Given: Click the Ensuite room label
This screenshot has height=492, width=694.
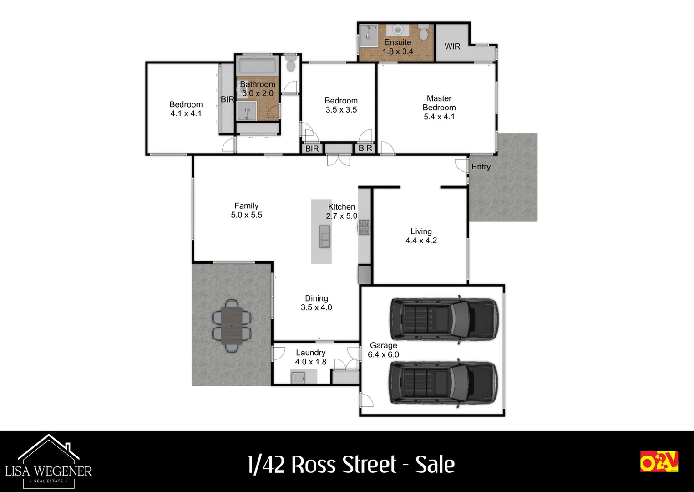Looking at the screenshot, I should point(397,42).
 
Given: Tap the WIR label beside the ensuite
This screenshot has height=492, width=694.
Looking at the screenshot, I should point(452,46).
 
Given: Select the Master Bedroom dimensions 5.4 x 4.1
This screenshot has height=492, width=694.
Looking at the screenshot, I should point(439,117).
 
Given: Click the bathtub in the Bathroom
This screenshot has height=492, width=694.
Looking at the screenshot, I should point(257,66).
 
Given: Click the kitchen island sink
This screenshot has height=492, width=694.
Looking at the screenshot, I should point(324,236).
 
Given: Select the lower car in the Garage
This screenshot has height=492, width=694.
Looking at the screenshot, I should point(443,383).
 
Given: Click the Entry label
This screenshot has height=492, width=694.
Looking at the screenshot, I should point(481,167).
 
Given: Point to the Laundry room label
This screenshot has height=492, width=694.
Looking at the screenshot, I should point(310,353).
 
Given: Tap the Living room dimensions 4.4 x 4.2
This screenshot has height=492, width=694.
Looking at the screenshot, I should point(421,241).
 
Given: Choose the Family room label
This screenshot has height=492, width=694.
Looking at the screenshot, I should point(246,206).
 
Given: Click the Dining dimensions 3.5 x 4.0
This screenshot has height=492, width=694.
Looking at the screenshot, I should point(316,307).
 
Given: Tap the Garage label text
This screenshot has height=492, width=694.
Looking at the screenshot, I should point(383,345).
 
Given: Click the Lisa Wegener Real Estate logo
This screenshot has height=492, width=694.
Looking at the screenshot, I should point(49,461).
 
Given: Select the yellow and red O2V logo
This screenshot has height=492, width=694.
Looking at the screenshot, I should point(659,461).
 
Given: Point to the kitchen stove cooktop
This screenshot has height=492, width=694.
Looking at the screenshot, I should point(364,227).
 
